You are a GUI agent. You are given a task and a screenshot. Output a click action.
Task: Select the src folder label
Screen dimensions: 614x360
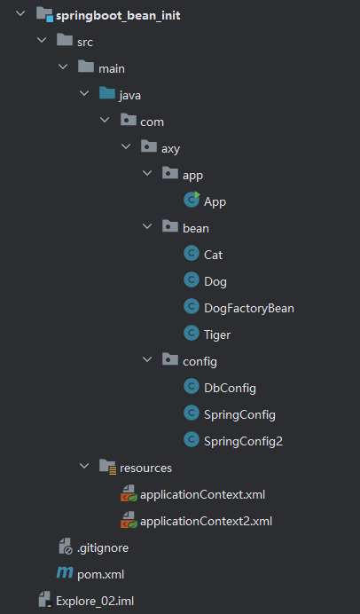[85, 42]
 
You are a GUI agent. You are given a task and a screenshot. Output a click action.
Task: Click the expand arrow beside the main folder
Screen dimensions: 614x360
[63, 68]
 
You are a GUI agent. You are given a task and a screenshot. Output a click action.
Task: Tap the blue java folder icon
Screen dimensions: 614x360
[106, 95]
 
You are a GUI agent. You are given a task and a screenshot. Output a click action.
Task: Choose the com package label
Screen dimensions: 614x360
[152, 122]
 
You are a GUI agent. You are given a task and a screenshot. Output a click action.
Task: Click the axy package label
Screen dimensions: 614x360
[171, 148]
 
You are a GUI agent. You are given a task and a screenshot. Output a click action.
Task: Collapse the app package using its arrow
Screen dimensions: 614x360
[148, 175]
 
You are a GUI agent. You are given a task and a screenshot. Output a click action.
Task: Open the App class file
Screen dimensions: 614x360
[215, 201]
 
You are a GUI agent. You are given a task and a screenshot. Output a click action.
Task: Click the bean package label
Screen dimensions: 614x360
[195, 228]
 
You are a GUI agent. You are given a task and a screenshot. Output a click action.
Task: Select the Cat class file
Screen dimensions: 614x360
[213, 255]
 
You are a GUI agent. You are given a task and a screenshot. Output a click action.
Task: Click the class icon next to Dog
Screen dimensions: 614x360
[190, 280]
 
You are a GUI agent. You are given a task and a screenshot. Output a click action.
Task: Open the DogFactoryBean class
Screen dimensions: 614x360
[248, 308]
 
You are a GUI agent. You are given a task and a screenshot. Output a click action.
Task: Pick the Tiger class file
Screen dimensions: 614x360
[217, 335]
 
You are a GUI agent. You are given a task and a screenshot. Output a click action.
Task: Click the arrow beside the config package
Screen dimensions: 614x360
[148, 361]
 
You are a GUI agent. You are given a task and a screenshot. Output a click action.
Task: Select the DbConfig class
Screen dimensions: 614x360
[230, 388]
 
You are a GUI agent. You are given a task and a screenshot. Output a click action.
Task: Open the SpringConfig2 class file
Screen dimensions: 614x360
[243, 441]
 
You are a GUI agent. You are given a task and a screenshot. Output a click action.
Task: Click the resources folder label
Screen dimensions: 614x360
[145, 468]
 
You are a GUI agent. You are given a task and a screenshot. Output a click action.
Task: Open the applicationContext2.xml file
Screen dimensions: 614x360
[206, 521]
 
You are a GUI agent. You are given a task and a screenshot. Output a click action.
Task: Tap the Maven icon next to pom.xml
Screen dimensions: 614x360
[64, 574]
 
